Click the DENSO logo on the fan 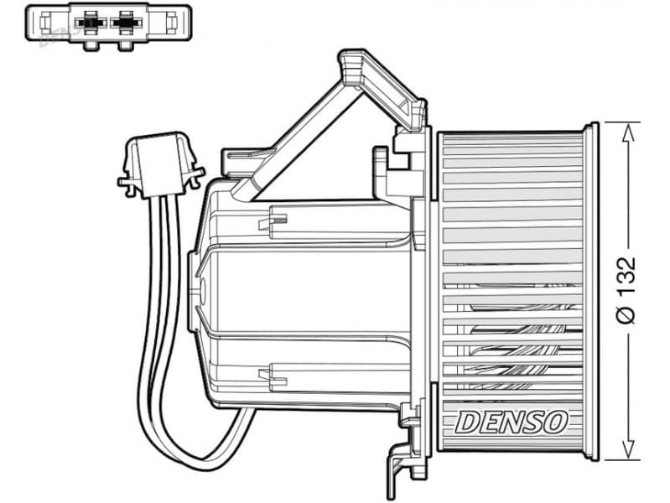click(511, 423)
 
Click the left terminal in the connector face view click(90, 23)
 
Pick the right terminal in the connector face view click(126, 23)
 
